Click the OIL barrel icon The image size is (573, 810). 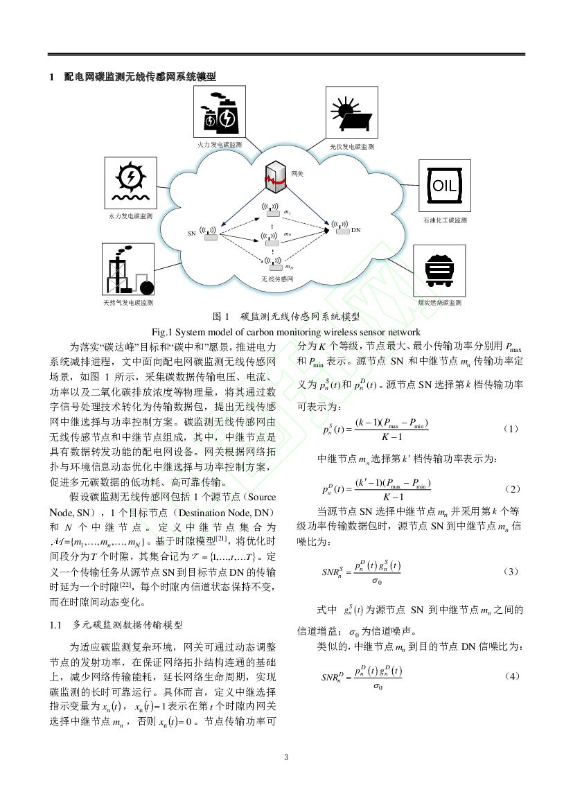(444, 186)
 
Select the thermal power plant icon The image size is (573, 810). (218, 114)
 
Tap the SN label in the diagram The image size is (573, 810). (192, 233)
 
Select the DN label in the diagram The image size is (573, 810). (355, 229)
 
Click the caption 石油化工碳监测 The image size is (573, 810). (445, 220)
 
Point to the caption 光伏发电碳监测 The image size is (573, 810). (352, 147)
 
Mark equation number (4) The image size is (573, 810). (512, 675)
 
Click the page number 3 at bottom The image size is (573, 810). (286, 757)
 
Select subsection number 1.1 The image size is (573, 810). (57, 624)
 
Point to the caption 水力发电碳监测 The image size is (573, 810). (130, 216)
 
